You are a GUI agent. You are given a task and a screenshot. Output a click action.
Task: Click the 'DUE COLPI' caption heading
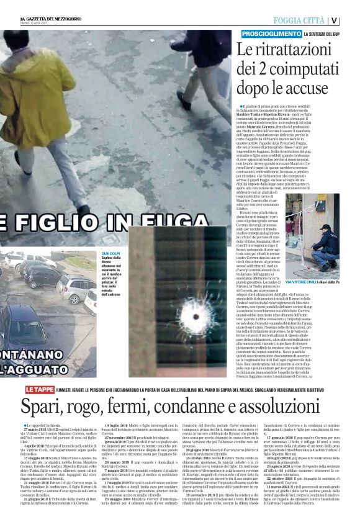[110, 254]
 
